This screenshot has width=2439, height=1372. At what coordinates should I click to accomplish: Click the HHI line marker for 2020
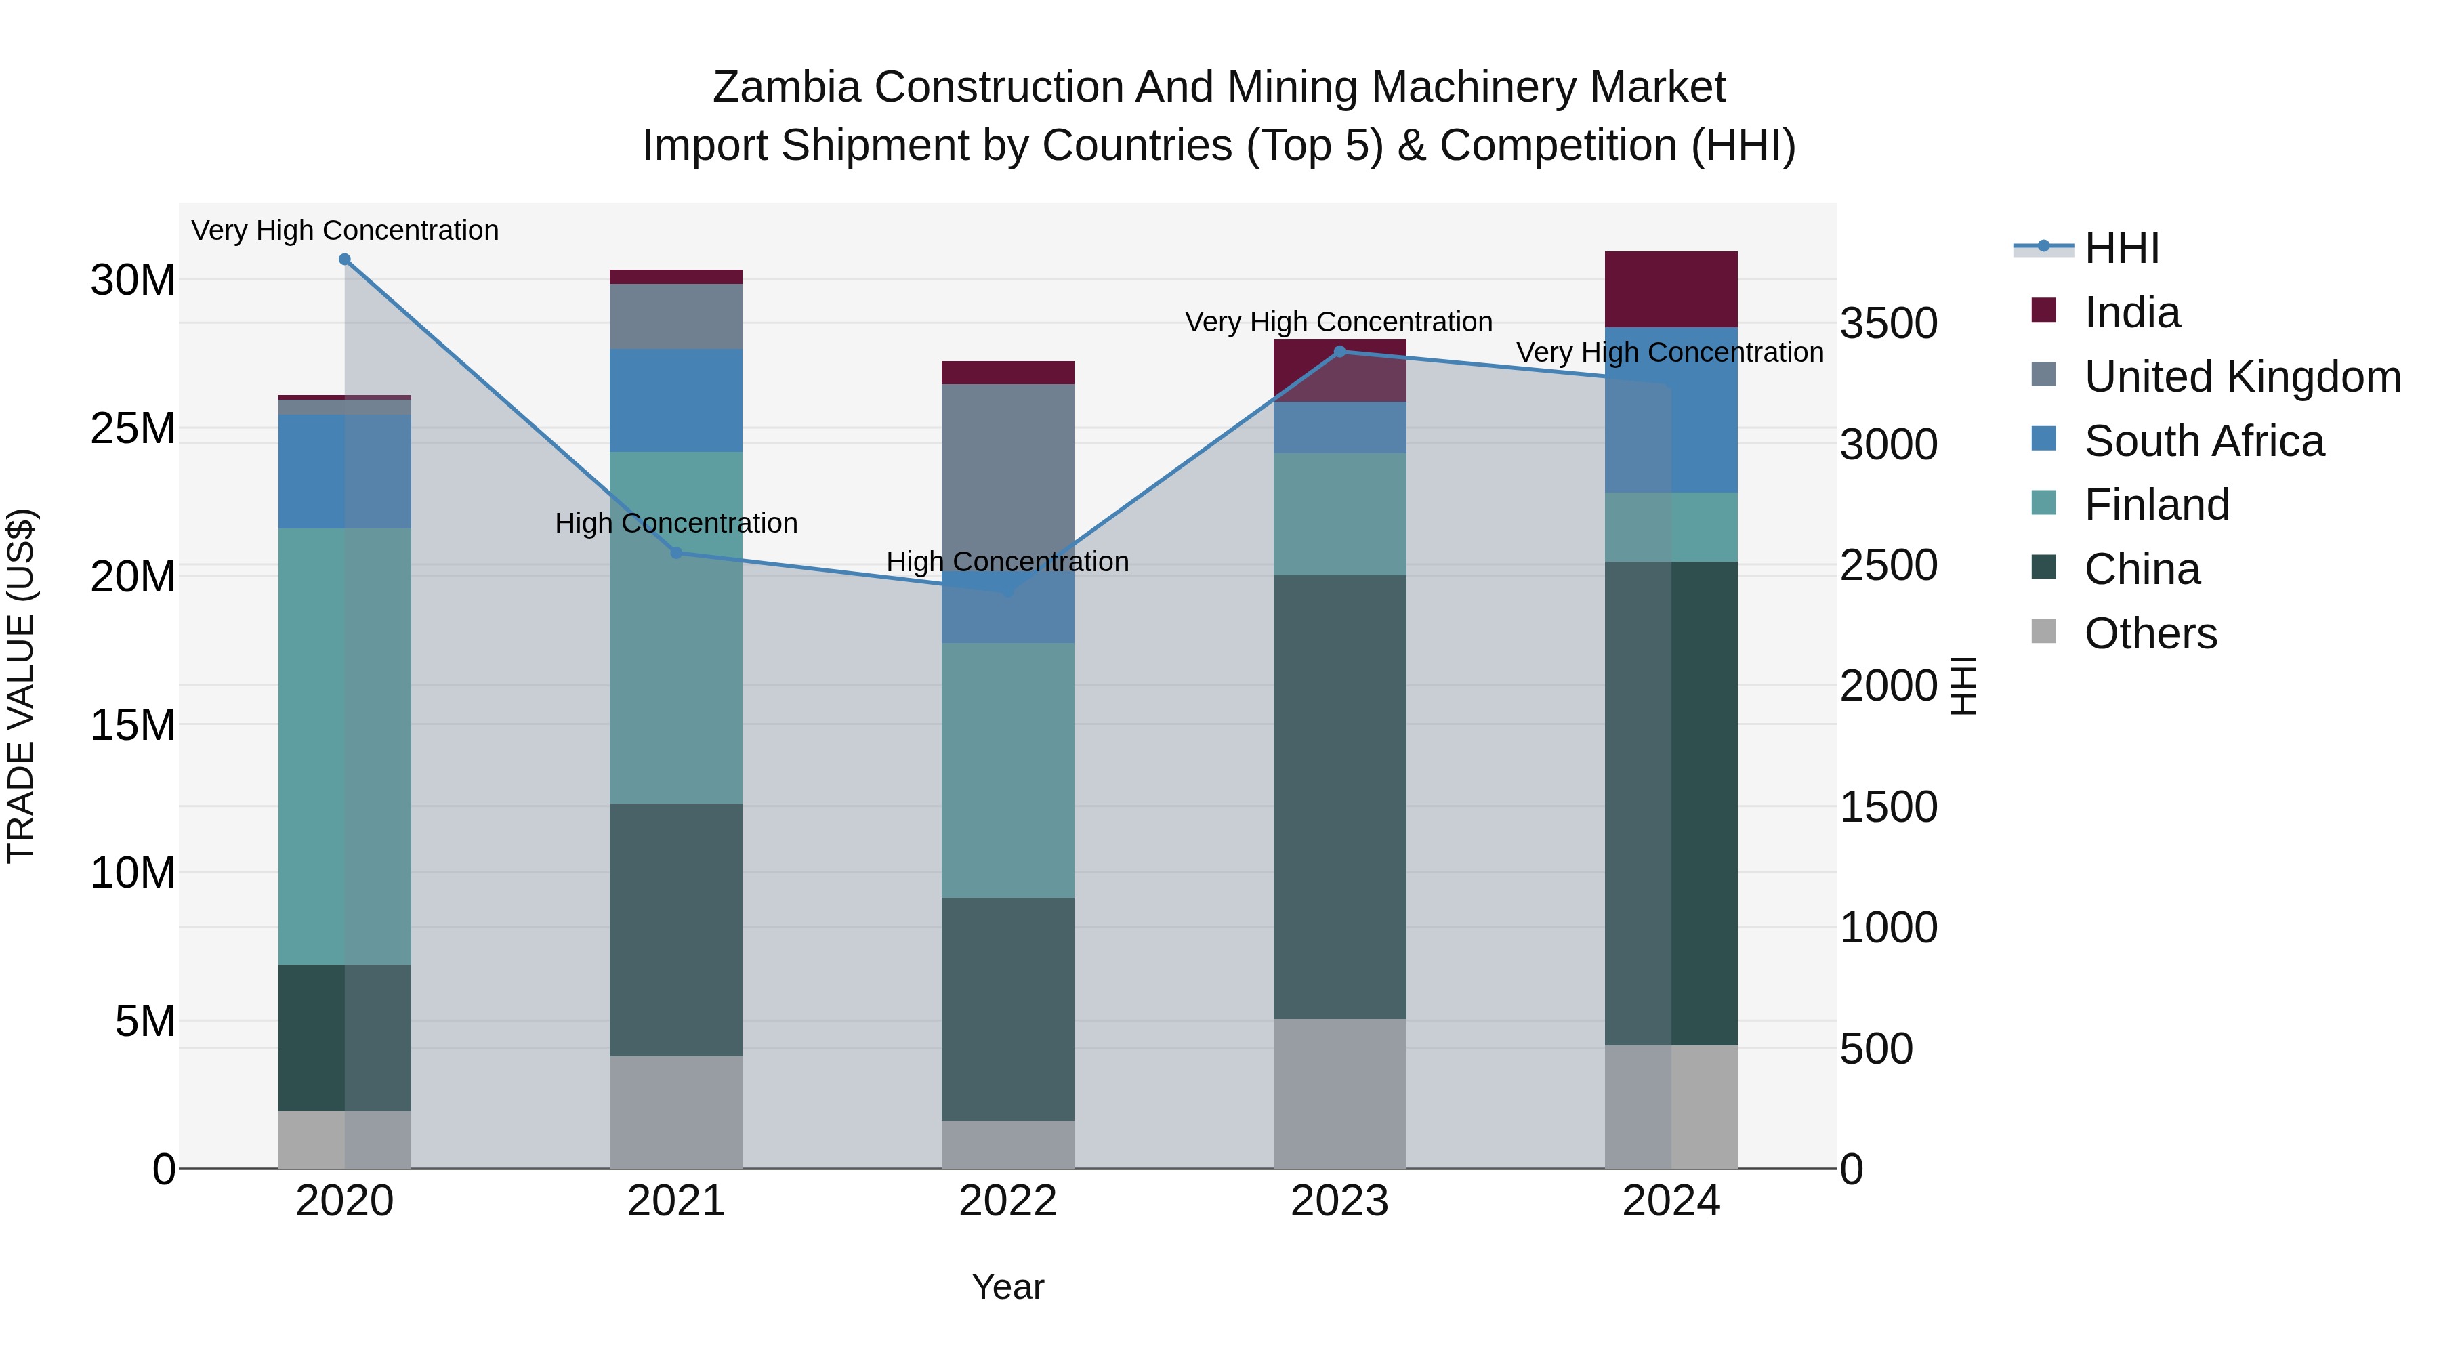point(345,259)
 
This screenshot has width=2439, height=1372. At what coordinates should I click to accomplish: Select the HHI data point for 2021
point(676,552)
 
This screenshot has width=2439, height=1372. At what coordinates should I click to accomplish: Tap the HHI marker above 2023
point(1339,352)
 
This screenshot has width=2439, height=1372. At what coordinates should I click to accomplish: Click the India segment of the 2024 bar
point(1671,290)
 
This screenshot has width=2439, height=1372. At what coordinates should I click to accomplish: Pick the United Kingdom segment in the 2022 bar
point(1007,474)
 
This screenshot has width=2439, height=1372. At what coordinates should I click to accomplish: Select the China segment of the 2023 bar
point(1339,797)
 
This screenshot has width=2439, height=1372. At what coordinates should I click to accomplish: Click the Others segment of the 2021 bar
point(676,1113)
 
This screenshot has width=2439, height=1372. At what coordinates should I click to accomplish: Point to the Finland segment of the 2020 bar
point(345,746)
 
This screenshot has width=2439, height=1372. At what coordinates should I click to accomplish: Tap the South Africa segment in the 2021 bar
point(676,400)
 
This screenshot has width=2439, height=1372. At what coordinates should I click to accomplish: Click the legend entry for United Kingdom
point(2242,377)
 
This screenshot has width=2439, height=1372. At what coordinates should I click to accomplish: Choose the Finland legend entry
point(2157,505)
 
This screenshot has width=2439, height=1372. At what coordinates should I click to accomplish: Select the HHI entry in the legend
point(2121,248)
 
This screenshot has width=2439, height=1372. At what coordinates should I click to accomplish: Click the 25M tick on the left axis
point(133,429)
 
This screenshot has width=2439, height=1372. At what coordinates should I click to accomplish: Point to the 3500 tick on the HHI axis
point(1888,324)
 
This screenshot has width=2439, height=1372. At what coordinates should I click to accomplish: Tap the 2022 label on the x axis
point(1007,1201)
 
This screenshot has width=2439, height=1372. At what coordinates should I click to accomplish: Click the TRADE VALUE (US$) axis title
point(21,686)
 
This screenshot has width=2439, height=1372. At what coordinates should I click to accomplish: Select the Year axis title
point(1007,1287)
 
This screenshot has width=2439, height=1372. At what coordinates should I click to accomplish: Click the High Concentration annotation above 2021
point(676,522)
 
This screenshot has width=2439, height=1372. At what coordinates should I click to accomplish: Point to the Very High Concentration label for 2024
point(1669,352)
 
